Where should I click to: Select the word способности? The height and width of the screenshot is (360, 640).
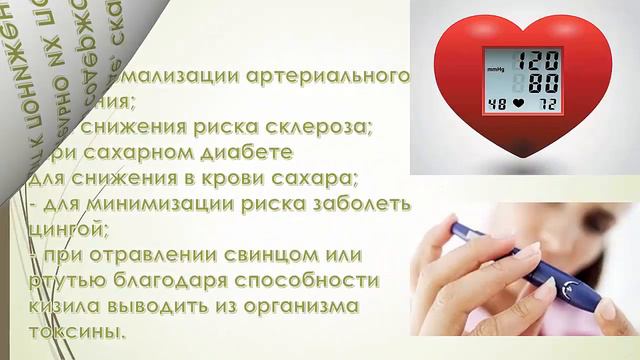[309, 281]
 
